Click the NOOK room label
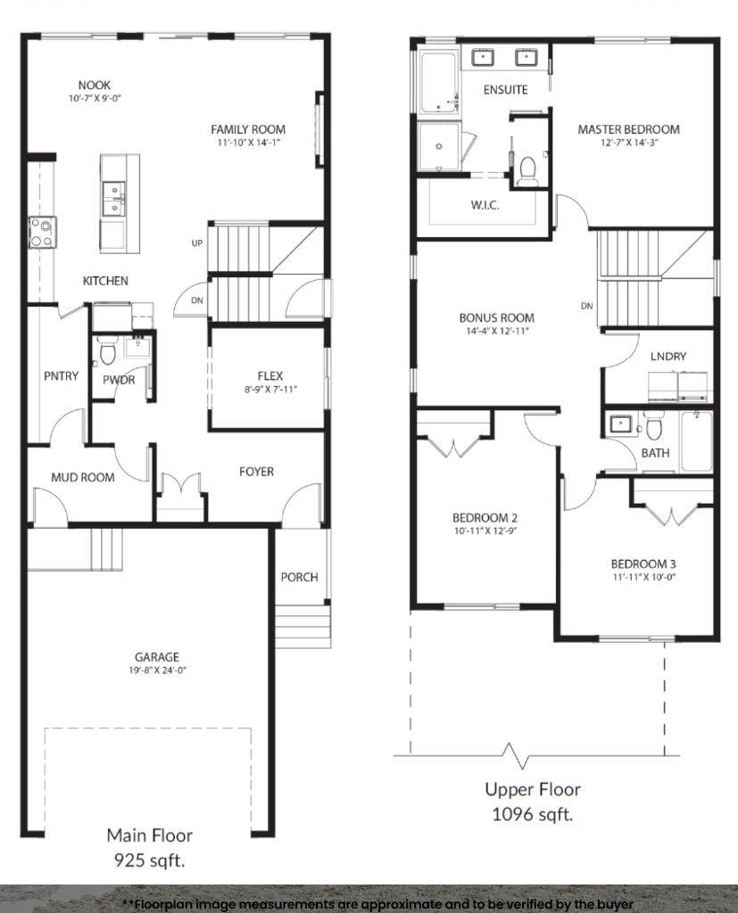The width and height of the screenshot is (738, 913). click(94, 85)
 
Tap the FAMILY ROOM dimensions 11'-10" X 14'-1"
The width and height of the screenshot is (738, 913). click(248, 143)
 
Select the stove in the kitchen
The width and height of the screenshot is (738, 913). click(42, 232)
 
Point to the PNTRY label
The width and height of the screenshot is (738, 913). click(61, 376)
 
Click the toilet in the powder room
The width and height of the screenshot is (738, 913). click(107, 354)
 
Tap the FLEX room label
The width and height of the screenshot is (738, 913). click(269, 376)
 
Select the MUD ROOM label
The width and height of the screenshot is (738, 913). click(82, 477)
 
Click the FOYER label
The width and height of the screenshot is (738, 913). click(256, 471)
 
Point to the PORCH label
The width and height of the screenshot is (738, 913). click(299, 577)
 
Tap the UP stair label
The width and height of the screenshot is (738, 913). click(196, 243)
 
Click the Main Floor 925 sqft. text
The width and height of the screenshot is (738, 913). click(149, 848)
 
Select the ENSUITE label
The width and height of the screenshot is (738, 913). click(505, 89)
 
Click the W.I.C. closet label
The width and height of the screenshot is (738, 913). click(485, 205)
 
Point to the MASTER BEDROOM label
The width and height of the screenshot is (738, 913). click(628, 129)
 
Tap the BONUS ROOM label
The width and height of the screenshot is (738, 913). click(496, 317)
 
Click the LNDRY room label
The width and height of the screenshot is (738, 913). click(668, 356)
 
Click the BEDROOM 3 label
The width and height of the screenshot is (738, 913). click(643, 563)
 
